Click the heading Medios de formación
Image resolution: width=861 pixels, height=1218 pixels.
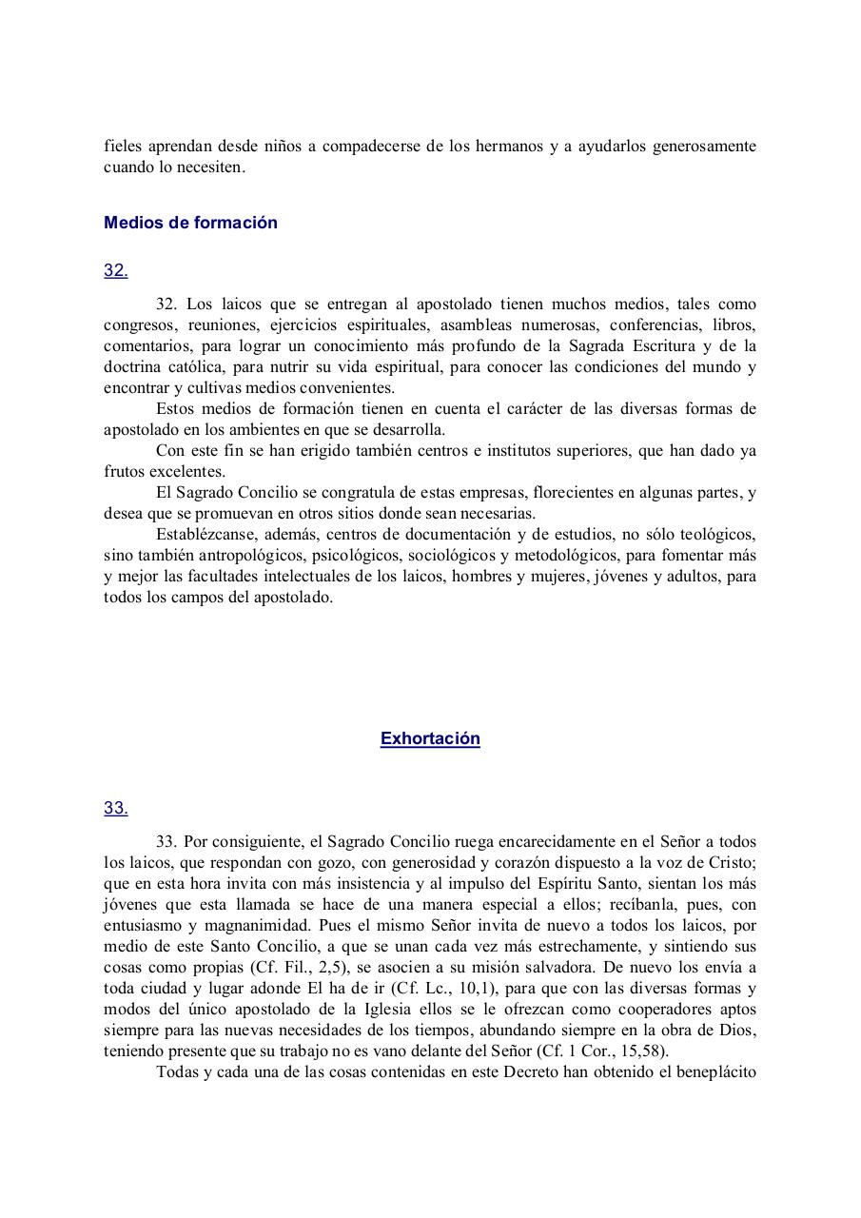click(x=190, y=223)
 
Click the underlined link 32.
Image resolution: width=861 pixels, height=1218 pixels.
click(x=116, y=270)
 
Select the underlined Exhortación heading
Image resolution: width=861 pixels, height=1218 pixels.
click(x=430, y=739)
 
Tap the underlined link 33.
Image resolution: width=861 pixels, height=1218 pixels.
click(x=116, y=808)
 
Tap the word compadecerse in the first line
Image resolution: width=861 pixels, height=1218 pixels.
click(x=374, y=147)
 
